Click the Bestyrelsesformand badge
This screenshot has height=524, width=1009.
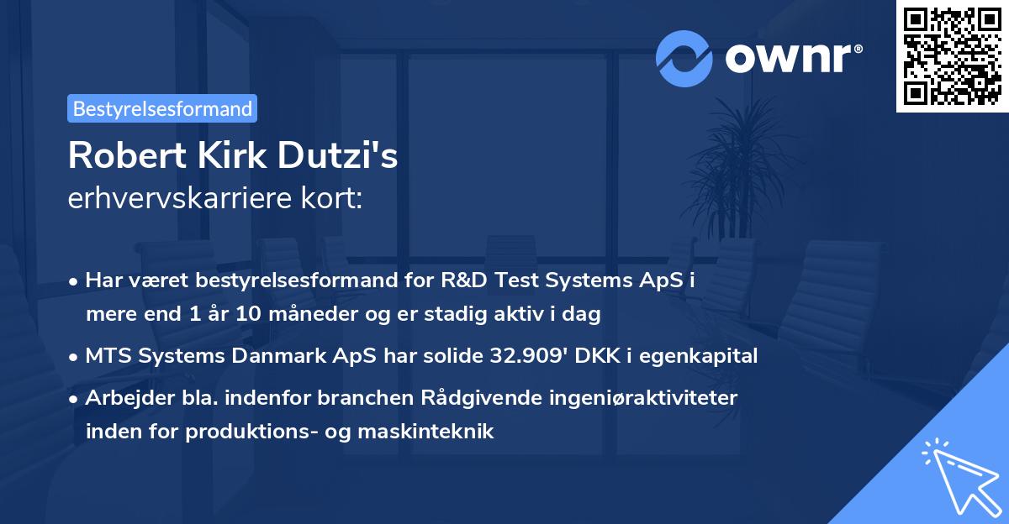[162, 108]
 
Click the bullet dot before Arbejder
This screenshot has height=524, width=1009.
[75, 399]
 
